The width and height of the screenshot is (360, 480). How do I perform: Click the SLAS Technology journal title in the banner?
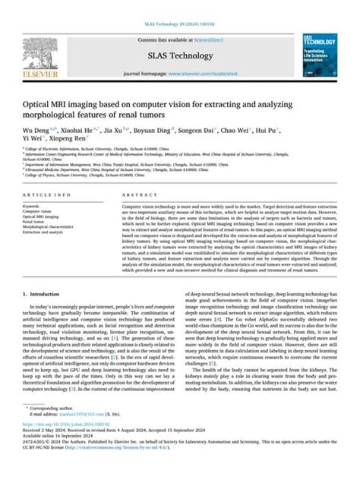(x=179, y=55)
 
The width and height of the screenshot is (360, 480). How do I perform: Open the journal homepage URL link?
(x=215, y=74)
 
